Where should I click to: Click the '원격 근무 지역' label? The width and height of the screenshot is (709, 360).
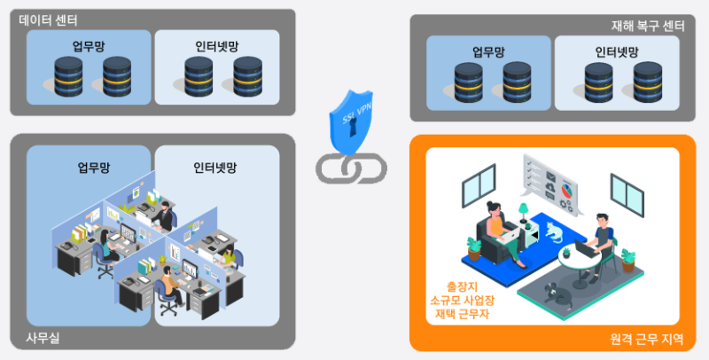pyautogui.click(x=646, y=339)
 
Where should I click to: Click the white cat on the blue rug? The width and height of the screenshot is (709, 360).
pyautogui.click(x=552, y=232)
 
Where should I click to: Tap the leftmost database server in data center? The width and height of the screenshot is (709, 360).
pyautogui.click(x=68, y=77)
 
